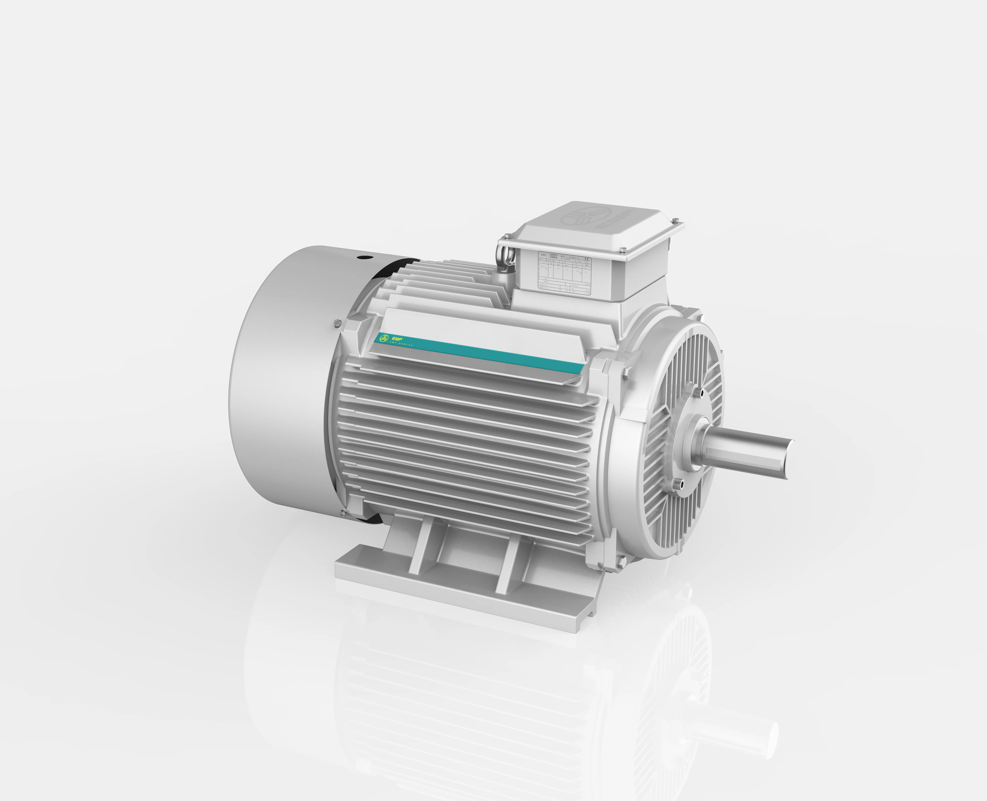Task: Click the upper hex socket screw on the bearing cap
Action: click(702, 393)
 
